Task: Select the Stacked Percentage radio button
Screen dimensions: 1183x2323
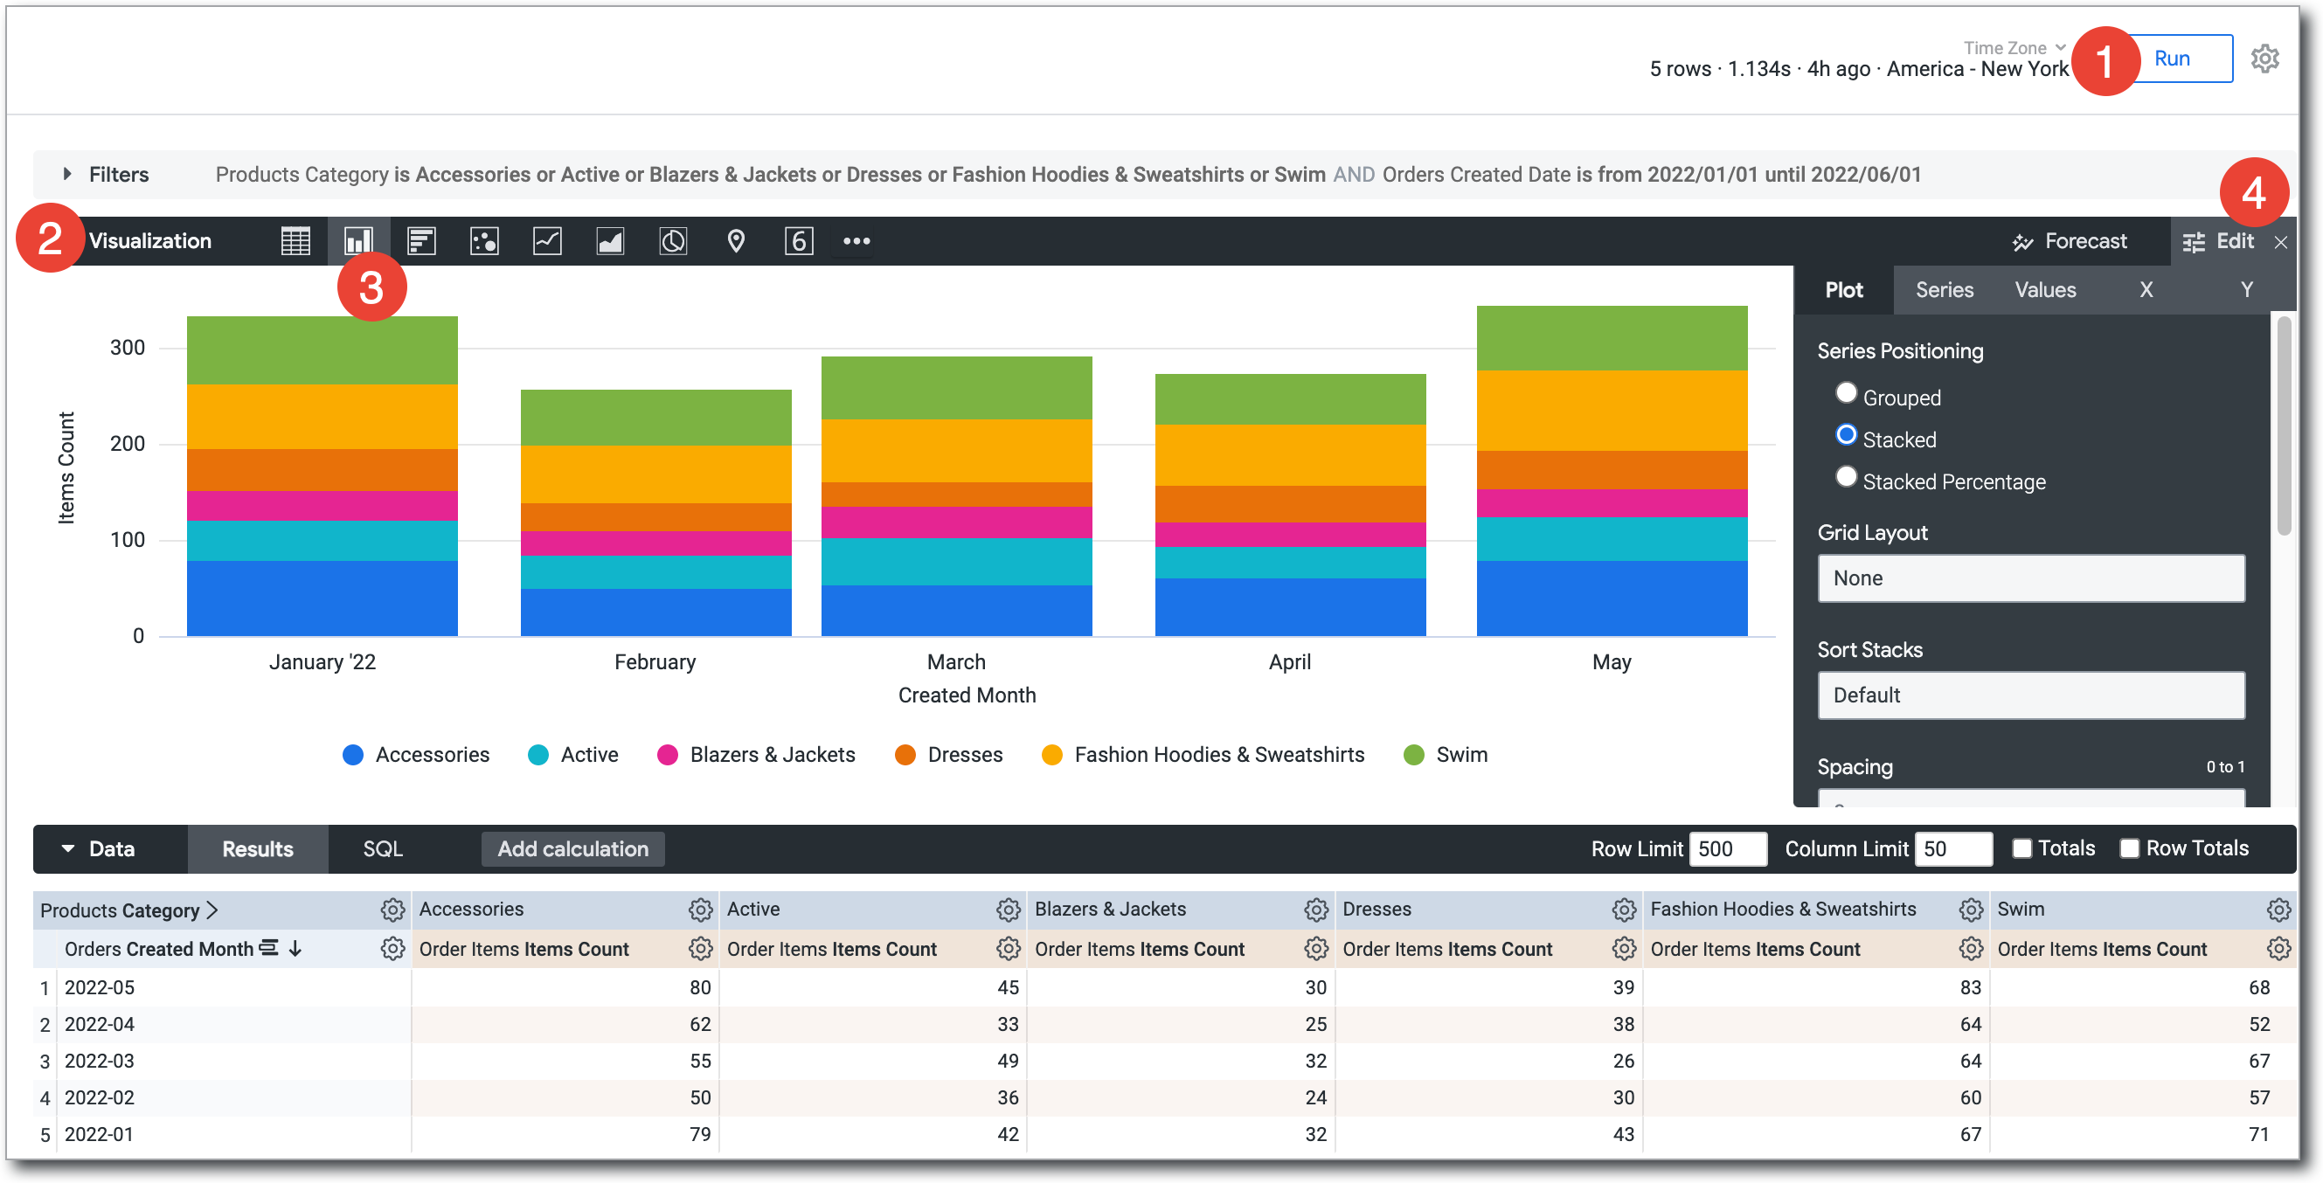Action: coord(1846,477)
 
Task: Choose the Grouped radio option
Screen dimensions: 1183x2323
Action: coord(1846,394)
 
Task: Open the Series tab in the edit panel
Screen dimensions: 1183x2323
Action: coord(1944,289)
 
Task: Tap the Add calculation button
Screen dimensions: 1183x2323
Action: coord(572,848)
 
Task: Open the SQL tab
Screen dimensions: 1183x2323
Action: coord(382,848)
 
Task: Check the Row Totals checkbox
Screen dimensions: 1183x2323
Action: coord(2129,848)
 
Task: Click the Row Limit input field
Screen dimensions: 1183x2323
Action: coord(1726,848)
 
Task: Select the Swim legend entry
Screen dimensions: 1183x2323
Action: coord(1446,755)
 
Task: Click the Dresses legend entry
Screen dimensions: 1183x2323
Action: coord(948,755)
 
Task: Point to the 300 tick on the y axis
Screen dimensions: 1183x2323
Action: coord(127,348)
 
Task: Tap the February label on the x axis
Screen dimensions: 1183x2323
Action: coord(655,661)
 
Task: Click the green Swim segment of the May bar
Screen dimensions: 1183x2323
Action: coord(1612,338)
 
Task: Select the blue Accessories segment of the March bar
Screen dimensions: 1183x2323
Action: coord(956,611)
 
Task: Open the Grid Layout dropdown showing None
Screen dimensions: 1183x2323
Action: coord(2030,578)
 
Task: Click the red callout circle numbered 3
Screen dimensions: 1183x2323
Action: coord(371,287)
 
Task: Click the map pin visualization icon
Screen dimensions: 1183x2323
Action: coord(736,242)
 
